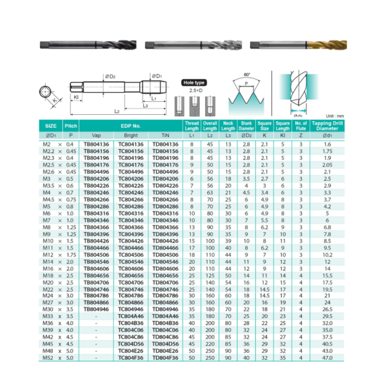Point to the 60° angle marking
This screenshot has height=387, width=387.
248,74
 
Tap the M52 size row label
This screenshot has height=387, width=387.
50,357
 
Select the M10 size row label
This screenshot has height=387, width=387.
50,241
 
